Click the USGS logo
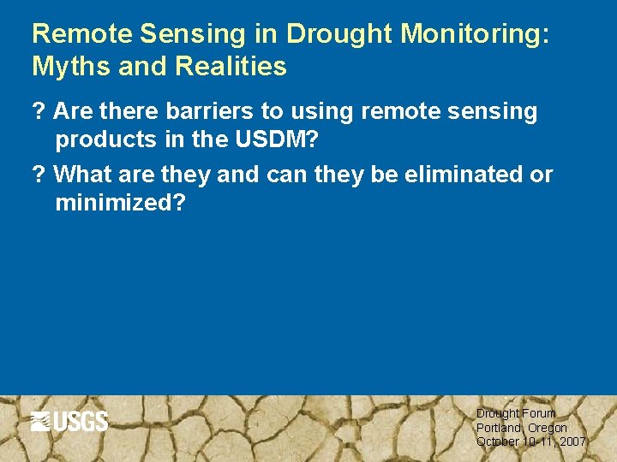[x=69, y=421]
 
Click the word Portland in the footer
[x=498, y=427]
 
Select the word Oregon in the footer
[x=548, y=427]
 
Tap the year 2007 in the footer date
[x=572, y=441]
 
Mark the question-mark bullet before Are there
[x=38, y=111]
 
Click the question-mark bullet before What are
[x=38, y=175]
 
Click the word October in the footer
[x=498, y=441]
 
